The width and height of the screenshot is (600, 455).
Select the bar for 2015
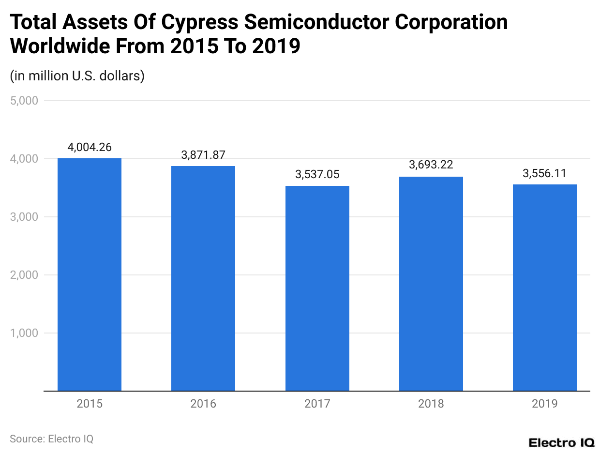click(90, 274)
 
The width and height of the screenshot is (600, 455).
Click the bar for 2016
click(203, 278)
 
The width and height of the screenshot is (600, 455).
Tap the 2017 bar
click(317, 288)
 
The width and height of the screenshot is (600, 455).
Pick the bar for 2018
click(431, 284)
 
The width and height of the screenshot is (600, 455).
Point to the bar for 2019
click(545, 288)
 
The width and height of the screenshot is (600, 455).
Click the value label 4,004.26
click(90, 147)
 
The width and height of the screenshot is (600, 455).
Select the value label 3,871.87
click(203, 155)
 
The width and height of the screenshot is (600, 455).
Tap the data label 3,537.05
click(317, 174)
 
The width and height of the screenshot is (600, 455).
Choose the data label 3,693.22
click(431, 165)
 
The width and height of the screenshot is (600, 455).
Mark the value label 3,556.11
click(545, 173)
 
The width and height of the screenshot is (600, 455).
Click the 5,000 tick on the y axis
click(24, 101)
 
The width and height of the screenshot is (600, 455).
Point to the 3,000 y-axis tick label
click(24, 217)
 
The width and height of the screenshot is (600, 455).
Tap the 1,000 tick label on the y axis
click(24, 333)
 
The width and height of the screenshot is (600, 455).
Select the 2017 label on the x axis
click(317, 403)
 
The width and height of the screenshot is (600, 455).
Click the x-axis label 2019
click(545, 403)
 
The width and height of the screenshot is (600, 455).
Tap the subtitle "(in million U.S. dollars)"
click(77, 76)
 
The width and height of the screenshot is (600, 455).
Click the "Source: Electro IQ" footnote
click(51, 439)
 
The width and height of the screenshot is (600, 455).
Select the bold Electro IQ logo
click(561, 442)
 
